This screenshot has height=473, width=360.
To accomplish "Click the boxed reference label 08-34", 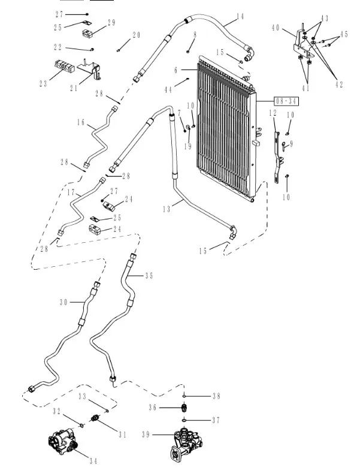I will [x=286, y=100].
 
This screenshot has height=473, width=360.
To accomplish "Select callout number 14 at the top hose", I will [x=240, y=17].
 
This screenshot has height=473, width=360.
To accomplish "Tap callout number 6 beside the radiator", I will [x=176, y=70].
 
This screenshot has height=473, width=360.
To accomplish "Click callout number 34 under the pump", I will [x=93, y=460].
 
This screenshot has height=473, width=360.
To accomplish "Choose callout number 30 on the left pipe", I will [x=64, y=302].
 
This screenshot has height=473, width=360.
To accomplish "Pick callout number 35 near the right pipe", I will [x=149, y=276].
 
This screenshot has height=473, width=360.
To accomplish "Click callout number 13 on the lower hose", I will [x=167, y=209].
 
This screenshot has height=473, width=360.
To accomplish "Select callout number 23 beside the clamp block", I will [x=43, y=84].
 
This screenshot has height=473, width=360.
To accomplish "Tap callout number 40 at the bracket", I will [x=276, y=28].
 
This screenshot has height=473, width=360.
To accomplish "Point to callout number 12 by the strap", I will [x=273, y=113].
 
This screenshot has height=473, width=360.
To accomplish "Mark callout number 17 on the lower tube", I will [x=71, y=193].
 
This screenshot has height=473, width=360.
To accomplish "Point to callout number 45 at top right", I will [x=344, y=35].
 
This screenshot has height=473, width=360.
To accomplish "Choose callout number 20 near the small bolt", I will [x=137, y=35].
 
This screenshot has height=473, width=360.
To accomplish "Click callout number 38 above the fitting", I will [x=216, y=396].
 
